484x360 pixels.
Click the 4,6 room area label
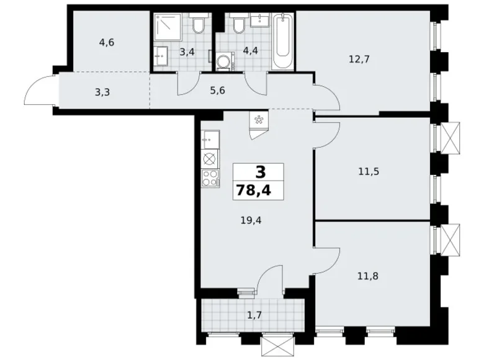107,43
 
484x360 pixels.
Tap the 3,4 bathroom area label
187,52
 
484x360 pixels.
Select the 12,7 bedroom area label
359,59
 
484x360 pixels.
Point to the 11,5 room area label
369,171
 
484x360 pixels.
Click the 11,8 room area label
368,276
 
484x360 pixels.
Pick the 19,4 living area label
251,220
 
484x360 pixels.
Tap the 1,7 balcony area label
254,315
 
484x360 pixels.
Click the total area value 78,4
254,190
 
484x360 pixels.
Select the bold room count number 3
261,173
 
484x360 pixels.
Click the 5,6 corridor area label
217,91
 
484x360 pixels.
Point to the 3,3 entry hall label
102,92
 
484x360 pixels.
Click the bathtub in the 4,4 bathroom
283,42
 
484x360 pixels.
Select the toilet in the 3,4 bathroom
198,23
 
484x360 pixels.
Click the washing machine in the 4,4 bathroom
225,61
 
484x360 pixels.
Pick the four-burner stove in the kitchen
210,179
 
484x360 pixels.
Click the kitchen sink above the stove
210,140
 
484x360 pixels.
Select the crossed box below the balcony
277,346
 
